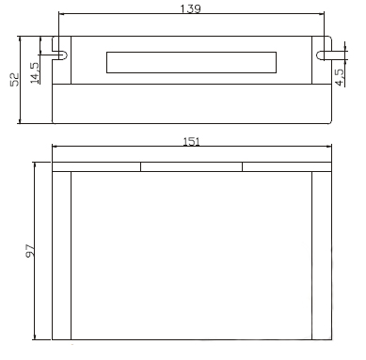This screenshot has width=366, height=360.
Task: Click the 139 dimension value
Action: click(190, 8)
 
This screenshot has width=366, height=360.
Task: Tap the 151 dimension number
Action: click(191, 142)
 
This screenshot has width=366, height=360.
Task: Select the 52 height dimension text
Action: click(14, 80)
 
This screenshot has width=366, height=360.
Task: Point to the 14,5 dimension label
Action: click(35, 72)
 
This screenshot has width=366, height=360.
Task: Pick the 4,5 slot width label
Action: click(340, 77)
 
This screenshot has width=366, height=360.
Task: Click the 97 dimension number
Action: click(30, 251)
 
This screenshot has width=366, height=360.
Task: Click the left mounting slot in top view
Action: click(60, 55)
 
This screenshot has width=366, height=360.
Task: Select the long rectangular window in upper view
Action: click(191, 62)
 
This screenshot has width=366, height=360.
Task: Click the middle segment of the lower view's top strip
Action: click(191, 167)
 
